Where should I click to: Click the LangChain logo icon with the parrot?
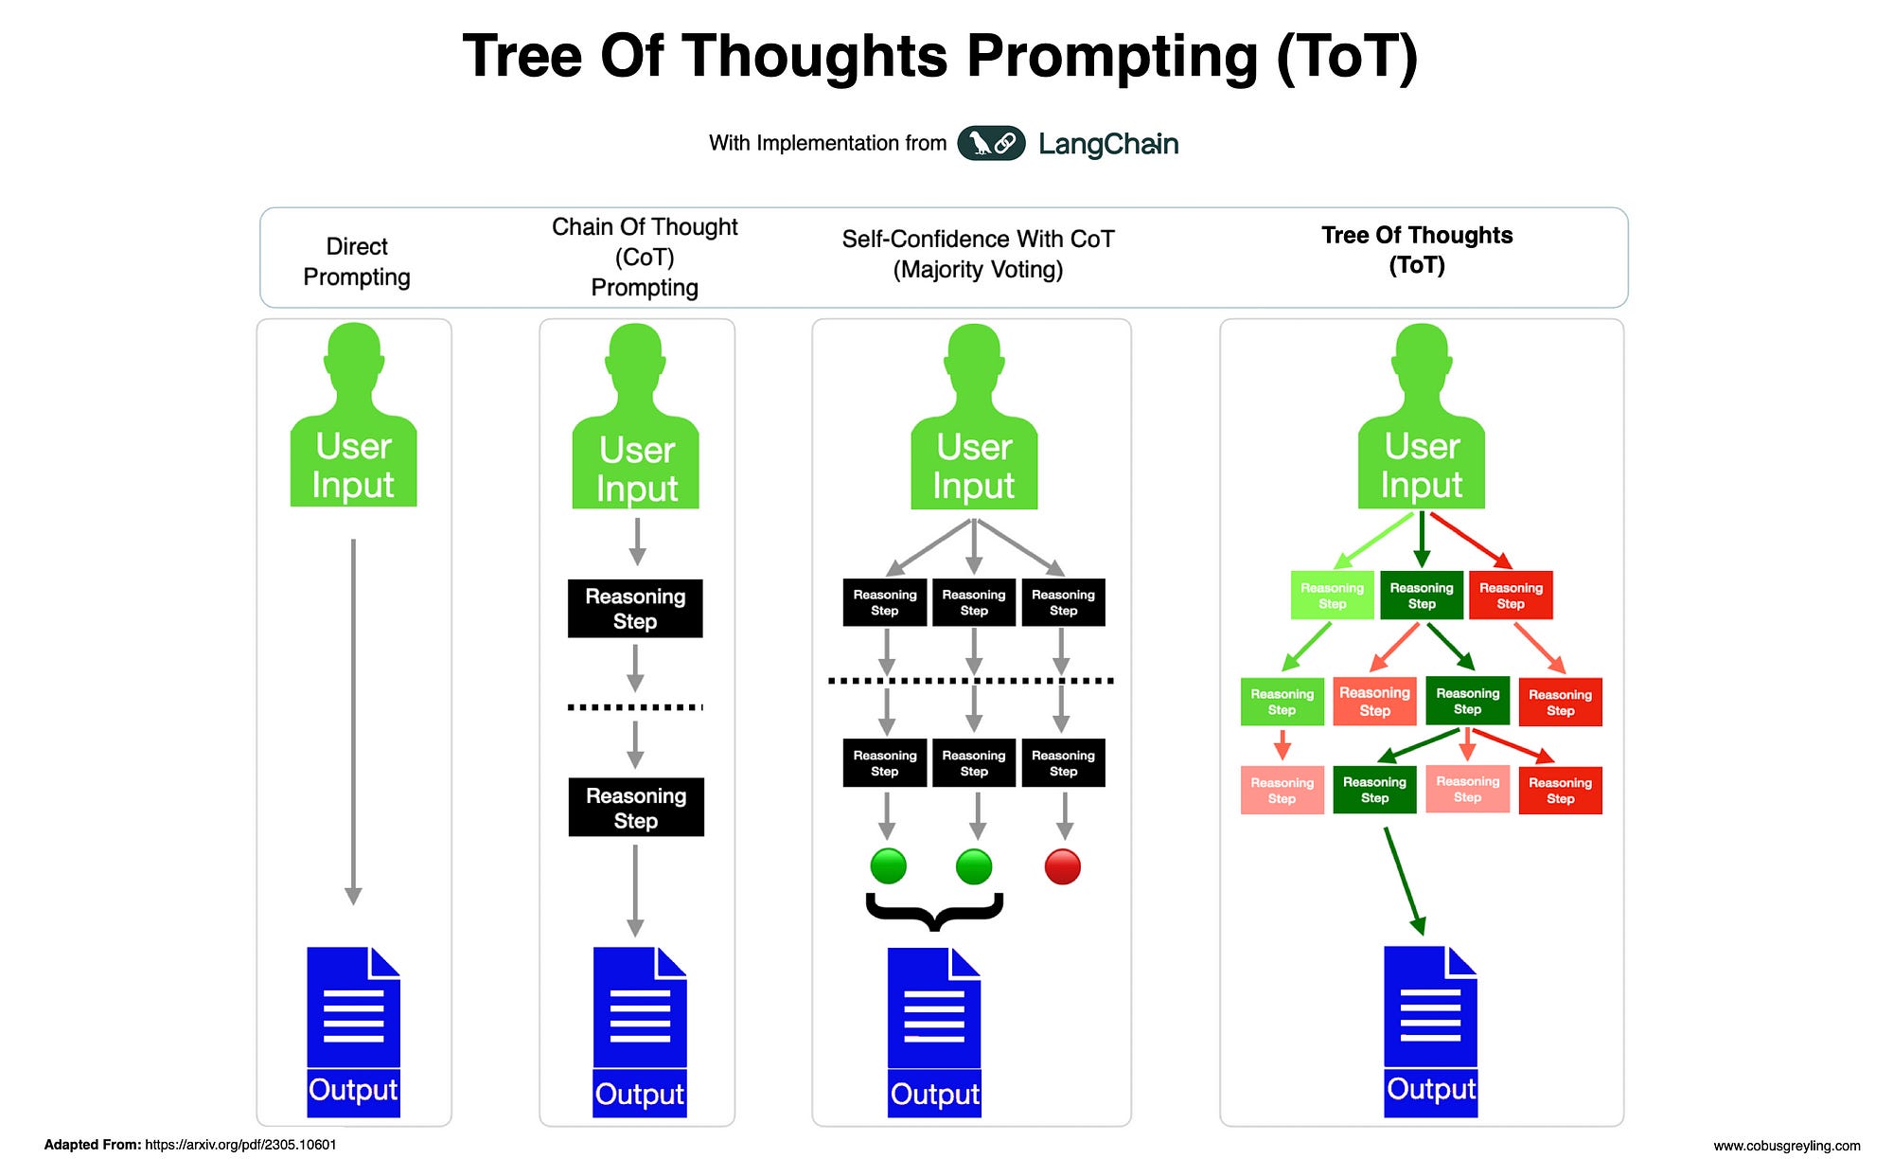[991, 143]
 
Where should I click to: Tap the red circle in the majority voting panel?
[1062, 866]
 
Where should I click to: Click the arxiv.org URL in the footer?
[240, 1145]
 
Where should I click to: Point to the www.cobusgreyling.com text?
[1786, 1146]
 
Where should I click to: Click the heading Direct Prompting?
[356, 261]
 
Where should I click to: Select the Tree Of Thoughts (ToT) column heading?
[1416, 249]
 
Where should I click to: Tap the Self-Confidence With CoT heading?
[978, 254]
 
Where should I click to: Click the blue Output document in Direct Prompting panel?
[353, 1030]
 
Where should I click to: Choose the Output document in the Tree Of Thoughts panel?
[1430, 1030]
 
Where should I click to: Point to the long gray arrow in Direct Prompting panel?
[353, 720]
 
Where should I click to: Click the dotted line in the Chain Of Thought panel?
[635, 707]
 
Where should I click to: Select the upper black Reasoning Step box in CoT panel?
[635, 609]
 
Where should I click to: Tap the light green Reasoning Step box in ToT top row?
[1332, 596]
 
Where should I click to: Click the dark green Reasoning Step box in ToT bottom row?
[1374, 790]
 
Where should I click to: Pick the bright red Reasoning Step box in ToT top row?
[1511, 596]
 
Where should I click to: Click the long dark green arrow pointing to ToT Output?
[1404, 881]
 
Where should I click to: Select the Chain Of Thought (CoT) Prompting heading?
[645, 257]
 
